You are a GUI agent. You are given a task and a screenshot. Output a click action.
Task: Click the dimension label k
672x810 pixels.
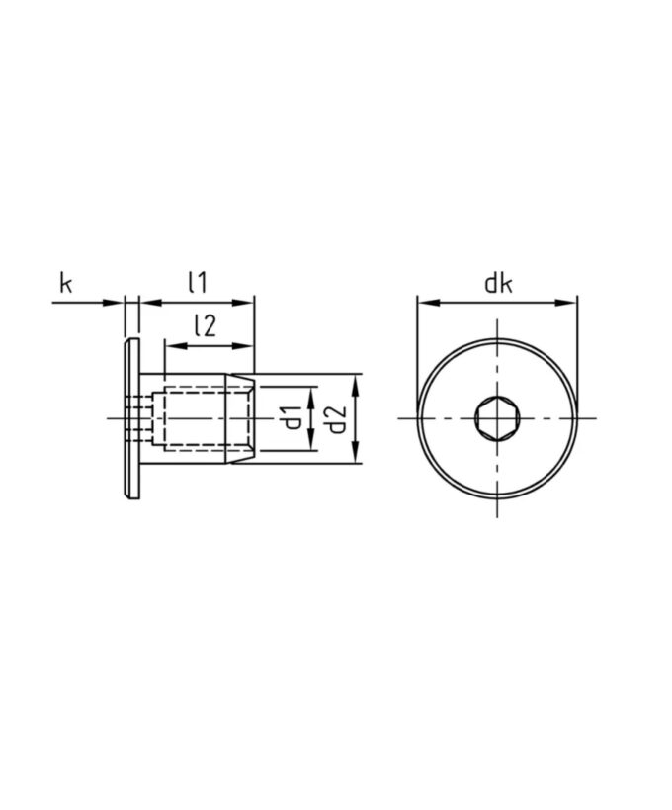click(x=66, y=284)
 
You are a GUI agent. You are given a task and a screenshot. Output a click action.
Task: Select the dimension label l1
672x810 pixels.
click(x=197, y=283)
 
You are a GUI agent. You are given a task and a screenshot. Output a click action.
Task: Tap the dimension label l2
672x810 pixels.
click(x=205, y=327)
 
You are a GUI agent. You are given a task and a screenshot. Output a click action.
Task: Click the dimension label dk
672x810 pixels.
click(x=497, y=284)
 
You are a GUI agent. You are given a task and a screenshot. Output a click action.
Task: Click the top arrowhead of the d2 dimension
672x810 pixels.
click(x=354, y=382)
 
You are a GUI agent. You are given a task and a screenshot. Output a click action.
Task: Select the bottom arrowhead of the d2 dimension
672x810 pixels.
click(x=354, y=455)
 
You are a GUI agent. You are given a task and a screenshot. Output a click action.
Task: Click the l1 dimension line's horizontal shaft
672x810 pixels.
click(x=198, y=301)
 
